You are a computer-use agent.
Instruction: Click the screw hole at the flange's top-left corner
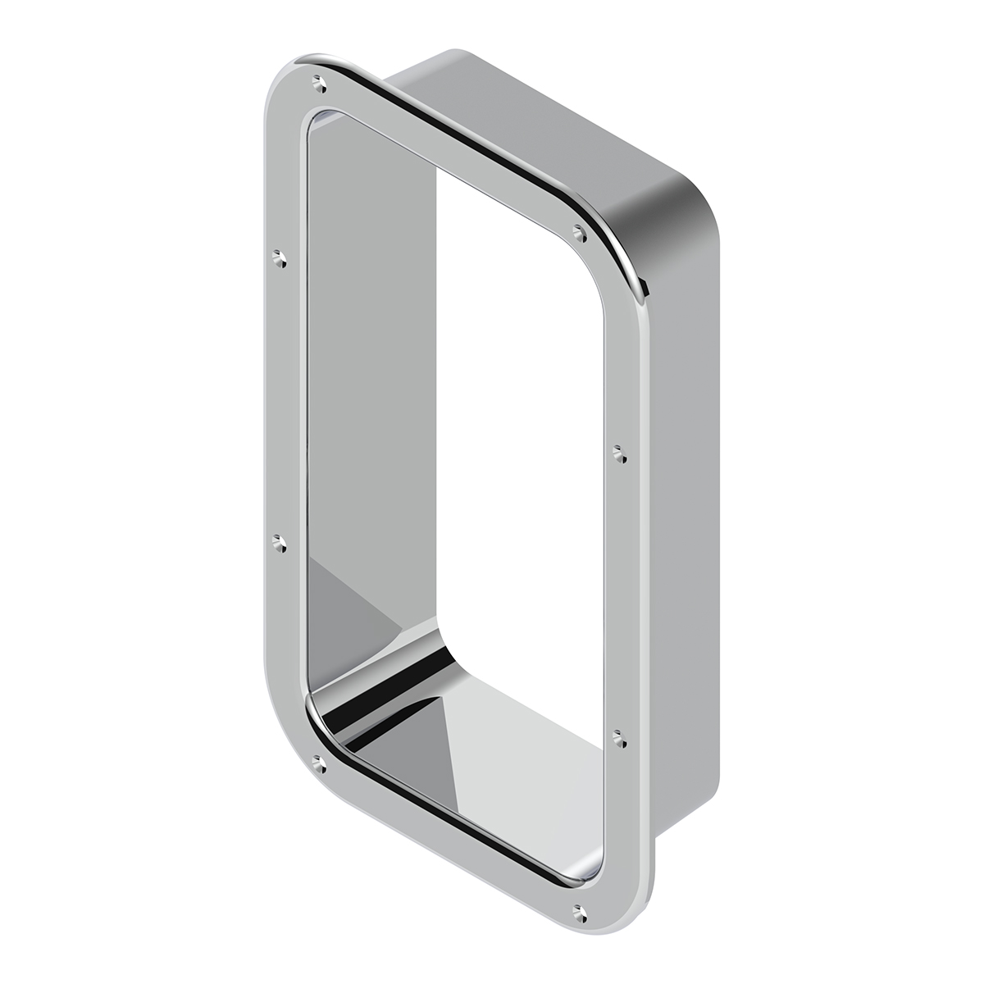tap(319, 82)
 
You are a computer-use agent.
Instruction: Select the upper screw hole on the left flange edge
tap(280, 259)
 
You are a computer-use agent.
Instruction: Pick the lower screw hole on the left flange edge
tap(280, 542)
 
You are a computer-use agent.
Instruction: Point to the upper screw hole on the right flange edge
tap(619, 452)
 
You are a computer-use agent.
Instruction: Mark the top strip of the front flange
tap(451, 148)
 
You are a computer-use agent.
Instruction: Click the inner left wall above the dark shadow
tap(369, 328)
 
